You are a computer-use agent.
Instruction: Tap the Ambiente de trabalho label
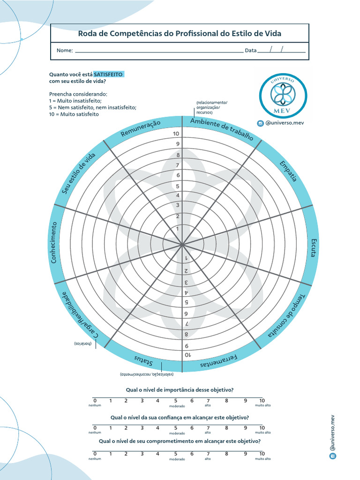pos(222,129)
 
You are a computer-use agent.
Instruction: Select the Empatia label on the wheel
pos(288,171)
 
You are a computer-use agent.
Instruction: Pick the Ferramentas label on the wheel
pos(219,361)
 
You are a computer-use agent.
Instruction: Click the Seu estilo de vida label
pos(79,173)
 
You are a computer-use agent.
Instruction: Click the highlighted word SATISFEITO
pos(108,75)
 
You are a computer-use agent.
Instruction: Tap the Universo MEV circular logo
pos(283,94)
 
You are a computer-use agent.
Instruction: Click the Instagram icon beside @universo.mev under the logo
pos(260,123)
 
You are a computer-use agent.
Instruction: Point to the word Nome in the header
pos(64,51)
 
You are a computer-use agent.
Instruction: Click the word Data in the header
pos(251,51)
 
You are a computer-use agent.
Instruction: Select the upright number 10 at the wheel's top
pos(176,134)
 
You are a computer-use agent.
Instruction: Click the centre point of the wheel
pos(182,244)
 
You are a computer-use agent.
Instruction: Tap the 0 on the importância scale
pos(95,401)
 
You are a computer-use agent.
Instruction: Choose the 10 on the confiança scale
pos(262,427)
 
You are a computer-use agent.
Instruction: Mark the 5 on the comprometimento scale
pos(175,454)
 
